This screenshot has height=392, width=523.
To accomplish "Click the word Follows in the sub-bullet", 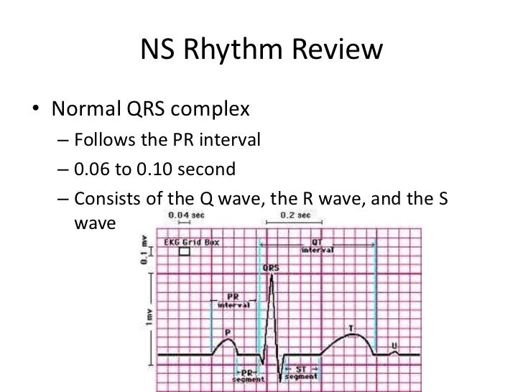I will tap(103, 139).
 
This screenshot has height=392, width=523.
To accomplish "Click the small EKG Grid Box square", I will tap(185, 252).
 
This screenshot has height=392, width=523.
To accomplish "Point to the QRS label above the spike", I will tap(271, 269).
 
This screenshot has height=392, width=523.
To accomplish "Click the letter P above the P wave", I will tap(227, 332).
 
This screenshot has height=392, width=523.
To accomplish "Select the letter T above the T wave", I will tap(351, 328).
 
